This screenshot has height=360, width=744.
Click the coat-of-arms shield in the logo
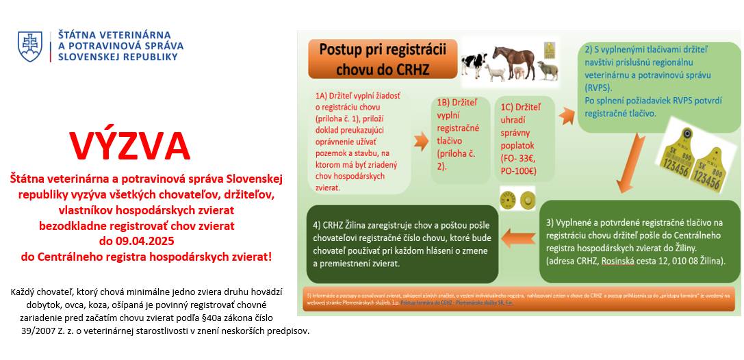pos(30,46)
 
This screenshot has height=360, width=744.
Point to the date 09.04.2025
pos(137,241)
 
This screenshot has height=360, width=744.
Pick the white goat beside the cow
pos(495,70)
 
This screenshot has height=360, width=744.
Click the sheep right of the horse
pos(547,70)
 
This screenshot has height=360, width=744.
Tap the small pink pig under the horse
pos(519,72)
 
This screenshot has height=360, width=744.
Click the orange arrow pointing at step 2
pos(567,114)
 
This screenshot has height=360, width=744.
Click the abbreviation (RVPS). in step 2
pos(599,88)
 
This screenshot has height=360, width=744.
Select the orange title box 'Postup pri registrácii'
pos(383,59)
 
